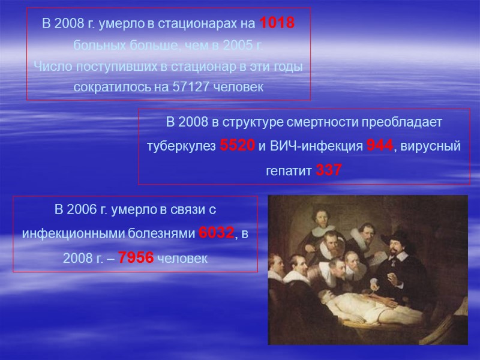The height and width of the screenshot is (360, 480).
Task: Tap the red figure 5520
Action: pos(238,146)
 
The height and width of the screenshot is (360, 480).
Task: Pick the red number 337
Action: pos(329,171)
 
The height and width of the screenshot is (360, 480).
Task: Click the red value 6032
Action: pos(216,234)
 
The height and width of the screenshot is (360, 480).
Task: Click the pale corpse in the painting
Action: pos(336,306)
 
